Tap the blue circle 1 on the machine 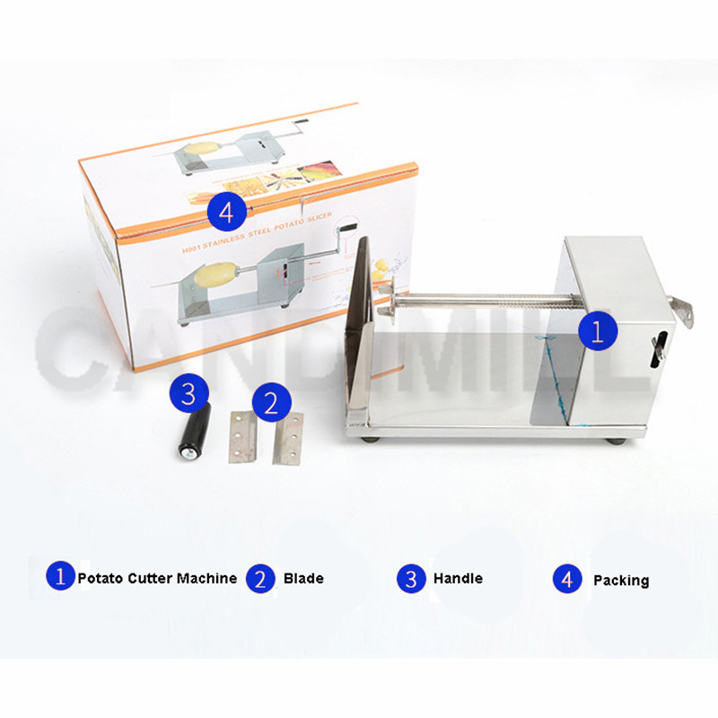[x=597, y=330]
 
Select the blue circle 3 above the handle [x=188, y=392]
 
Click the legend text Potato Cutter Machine [x=158, y=578]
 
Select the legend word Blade [x=303, y=579]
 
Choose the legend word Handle [x=458, y=579]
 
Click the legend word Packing [x=621, y=581]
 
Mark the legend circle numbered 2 [x=260, y=578]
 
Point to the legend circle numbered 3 [x=411, y=578]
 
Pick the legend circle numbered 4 [x=566, y=579]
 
